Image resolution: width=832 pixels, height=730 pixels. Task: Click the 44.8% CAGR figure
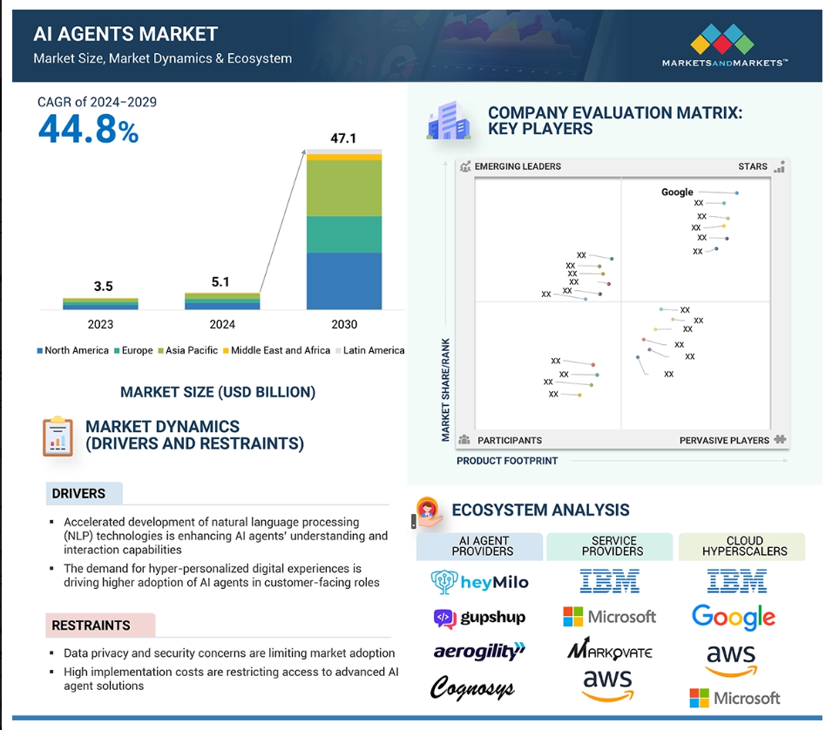(88, 130)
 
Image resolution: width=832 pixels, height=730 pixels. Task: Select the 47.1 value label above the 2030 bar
(343, 139)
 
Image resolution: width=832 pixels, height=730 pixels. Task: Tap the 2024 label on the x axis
(222, 324)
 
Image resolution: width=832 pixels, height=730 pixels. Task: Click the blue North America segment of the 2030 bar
(344, 281)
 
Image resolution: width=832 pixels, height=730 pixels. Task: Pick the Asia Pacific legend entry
(188, 350)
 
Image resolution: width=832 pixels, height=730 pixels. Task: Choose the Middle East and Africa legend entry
(276, 350)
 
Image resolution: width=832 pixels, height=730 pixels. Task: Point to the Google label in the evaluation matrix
(677, 192)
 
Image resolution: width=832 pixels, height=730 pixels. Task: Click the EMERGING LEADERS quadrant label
(517, 166)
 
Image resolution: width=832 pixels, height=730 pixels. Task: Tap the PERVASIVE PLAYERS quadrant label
(724, 440)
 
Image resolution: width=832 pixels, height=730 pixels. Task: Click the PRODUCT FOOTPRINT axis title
(507, 461)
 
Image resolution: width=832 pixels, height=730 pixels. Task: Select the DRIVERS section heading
(78, 493)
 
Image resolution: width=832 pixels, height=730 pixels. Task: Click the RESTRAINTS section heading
(91, 625)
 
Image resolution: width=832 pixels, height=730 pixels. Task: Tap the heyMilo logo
(480, 582)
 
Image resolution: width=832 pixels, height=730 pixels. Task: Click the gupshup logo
(480, 618)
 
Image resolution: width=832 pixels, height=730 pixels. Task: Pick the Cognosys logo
(472, 688)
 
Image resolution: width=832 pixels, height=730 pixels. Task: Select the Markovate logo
(610, 648)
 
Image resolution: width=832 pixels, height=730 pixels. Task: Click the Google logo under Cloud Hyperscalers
(734, 618)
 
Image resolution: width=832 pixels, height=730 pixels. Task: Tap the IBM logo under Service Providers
(610, 581)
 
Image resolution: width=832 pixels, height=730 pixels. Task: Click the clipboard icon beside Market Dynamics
(57, 436)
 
